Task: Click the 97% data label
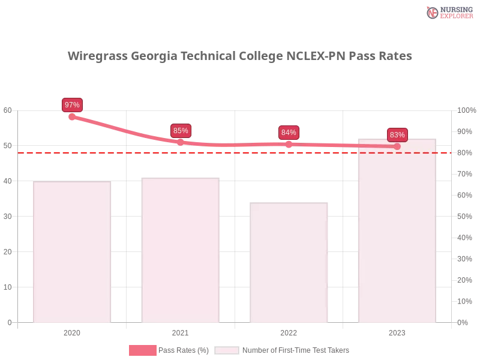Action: click(72, 105)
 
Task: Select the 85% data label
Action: click(181, 130)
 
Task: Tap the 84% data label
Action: click(289, 133)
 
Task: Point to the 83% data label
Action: click(397, 134)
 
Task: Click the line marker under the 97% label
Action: click(72, 117)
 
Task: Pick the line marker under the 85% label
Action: click(181, 142)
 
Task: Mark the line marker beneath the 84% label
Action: click(289, 144)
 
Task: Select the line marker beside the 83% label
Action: click(397, 146)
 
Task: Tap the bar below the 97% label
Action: click(72, 252)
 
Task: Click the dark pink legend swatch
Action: click(142, 350)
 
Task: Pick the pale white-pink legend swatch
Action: click(227, 350)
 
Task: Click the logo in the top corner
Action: click(448, 12)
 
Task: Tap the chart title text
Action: click(240, 56)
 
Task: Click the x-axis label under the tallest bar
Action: click(397, 332)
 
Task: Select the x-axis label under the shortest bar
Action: click(289, 332)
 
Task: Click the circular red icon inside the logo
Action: click(433, 13)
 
